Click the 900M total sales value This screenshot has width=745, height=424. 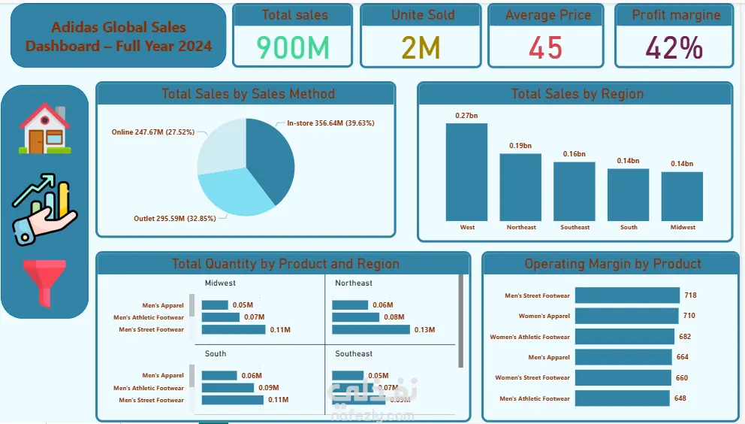293,47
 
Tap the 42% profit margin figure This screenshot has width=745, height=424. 674,47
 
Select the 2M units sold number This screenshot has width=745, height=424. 420,47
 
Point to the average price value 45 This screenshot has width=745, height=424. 545,47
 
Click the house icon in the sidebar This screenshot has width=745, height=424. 45,129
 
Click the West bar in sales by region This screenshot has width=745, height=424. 466,171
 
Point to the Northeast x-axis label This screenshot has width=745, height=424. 521,227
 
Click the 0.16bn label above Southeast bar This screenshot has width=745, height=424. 575,154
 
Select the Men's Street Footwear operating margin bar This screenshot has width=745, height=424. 626,295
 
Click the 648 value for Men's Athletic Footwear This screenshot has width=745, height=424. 680,398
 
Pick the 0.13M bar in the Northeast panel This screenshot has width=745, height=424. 371,329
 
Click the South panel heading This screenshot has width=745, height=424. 216,353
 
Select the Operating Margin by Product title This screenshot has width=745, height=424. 612,264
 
